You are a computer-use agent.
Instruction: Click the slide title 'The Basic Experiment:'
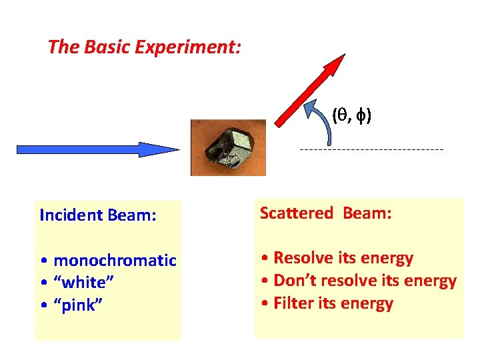pyautogui.click(x=144, y=47)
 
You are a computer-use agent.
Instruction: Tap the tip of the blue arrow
pyautogui.click(x=177, y=149)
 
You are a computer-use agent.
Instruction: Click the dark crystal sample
pyautogui.click(x=228, y=147)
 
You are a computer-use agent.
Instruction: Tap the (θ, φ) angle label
pyautogui.click(x=352, y=115)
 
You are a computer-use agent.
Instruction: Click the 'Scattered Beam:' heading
pyautogui.click(x=325, y=213)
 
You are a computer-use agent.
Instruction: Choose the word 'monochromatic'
pyautogui.click(x=115, y=260)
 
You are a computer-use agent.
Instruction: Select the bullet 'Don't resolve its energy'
pyautogui.click(x=358, y=281)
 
